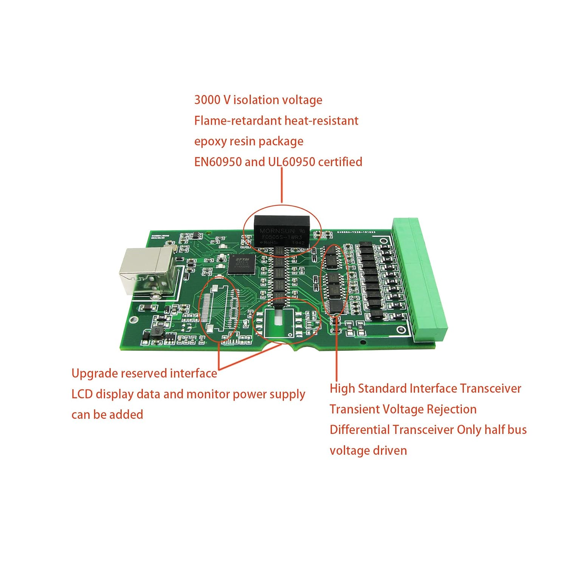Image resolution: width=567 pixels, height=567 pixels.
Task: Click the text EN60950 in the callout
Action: pyautogui.click(x=218, y=162)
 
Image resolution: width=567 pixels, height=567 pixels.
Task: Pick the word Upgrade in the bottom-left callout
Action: pyautogui.click(x=94, y=374)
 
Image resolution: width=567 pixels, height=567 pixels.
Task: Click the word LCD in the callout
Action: pyautogui.click(x=82, y=394)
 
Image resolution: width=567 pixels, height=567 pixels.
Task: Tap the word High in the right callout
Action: pyautogui.click(x=342, y=389)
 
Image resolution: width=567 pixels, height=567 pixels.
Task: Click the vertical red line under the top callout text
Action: pyautogui.click(x=282, y=185)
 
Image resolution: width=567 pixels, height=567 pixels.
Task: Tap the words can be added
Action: pyautogui.click(x=107, y=415)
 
